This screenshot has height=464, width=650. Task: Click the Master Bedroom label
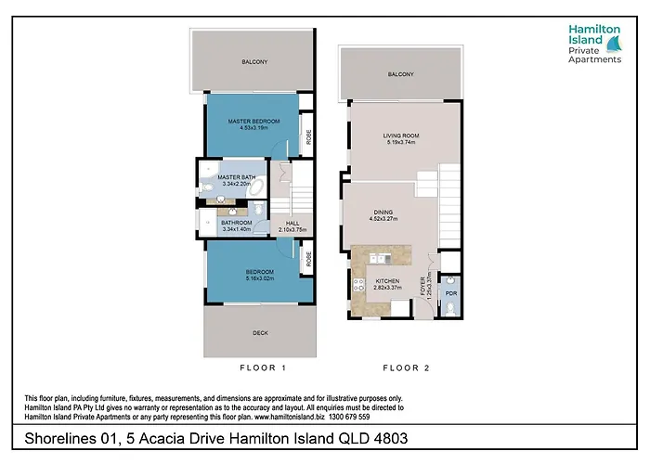(253, 122)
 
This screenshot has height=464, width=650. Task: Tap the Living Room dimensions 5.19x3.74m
(401, 142)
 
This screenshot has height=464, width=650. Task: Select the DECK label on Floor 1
(260, 332)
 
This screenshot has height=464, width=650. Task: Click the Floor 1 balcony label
(254, 62)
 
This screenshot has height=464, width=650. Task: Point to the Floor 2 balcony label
(400, 74)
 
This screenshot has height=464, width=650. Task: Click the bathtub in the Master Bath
(257, 189)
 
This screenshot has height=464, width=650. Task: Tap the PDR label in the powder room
(451, 293)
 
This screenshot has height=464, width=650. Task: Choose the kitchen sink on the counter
(380, 259)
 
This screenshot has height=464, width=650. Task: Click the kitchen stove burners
(358, 285)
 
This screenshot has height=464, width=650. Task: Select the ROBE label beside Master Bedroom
(308, 136)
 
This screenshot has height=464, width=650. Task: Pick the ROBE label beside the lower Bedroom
(308, 259)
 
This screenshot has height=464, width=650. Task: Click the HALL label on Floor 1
(292, 224)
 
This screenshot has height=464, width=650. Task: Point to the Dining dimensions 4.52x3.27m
(383, 219)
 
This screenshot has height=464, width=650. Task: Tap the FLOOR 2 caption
(406, 367)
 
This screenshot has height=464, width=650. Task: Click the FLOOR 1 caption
(263, 367)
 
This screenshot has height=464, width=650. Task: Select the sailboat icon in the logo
(615, 44)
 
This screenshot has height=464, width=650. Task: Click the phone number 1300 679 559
(349, 417)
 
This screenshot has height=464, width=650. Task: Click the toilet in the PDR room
(450, 309)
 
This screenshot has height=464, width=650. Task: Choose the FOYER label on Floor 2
(422, 286)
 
